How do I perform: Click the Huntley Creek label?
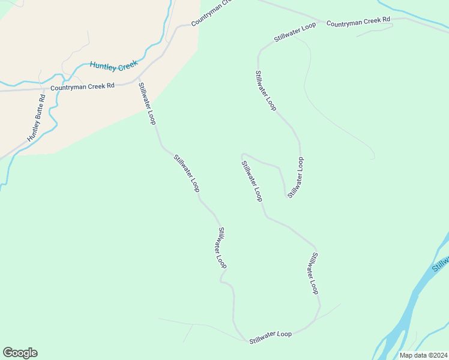(x=114, y=65)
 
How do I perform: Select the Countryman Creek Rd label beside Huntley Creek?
(x=82, y=87)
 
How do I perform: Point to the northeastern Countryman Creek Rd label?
(x=358, y=22)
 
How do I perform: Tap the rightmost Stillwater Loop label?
(x=314, y=273)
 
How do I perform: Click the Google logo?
(x=20, y=353)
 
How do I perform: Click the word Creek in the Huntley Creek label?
(x=127, y=67)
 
